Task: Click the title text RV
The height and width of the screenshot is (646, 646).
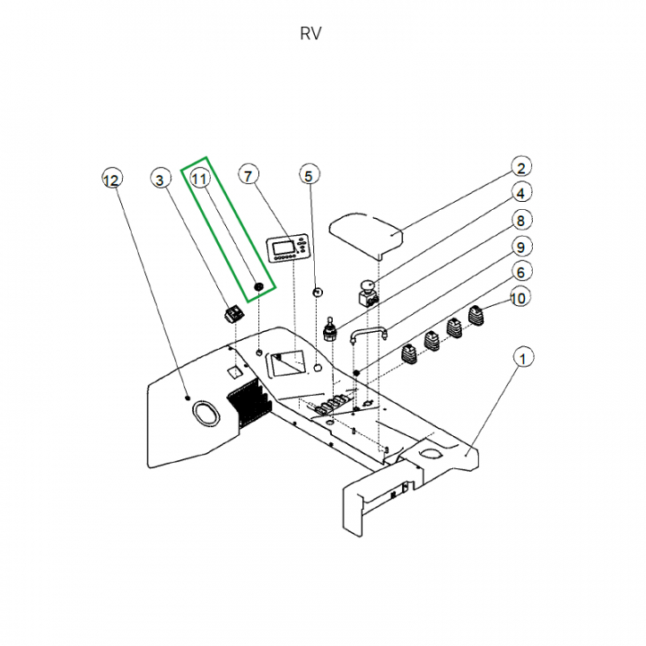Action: (x=310, y=34)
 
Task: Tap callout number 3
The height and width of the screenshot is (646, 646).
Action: (x=161, y=179)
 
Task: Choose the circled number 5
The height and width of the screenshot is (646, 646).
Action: (x=309, y=176)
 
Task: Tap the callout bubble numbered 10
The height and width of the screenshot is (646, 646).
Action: (x=520, y=297)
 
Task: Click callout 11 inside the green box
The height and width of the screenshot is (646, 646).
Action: (x=200, y=179)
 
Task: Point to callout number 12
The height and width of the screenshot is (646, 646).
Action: (x=110, y=179)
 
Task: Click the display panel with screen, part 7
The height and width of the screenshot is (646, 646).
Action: (x=289, y=248)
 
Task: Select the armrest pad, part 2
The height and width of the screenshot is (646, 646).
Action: (x=366, y=232)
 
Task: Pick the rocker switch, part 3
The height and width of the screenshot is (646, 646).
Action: (x=234, y=313)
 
